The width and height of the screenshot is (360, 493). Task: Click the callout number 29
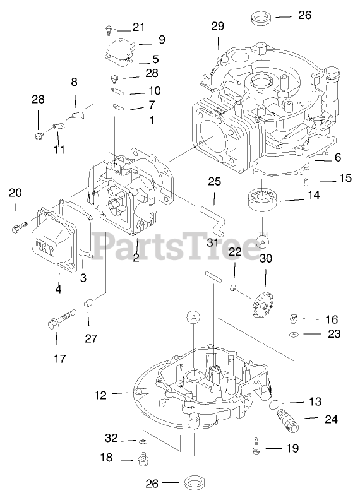pos(218,26)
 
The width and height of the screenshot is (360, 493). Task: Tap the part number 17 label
pos(60,358)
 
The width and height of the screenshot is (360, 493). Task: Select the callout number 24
pos(331,419)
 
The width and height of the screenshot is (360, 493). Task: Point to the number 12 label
pos(100,395)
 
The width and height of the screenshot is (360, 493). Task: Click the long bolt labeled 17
pos(62,319)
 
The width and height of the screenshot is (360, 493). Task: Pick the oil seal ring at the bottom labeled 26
pos(195,482)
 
